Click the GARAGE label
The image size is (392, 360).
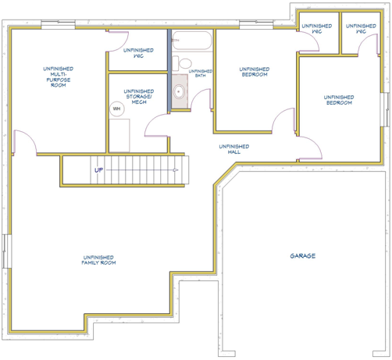(303, 256)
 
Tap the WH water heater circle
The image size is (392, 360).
(117, 109)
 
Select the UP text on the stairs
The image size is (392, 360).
(98, 170)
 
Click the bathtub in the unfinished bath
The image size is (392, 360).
(192, 41)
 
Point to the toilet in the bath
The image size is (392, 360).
(182, 63)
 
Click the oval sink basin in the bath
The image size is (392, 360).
(179, 91)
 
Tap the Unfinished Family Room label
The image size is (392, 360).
(98, 260)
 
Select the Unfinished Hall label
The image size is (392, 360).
(234, 149)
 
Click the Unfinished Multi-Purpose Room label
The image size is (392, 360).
(59, 77)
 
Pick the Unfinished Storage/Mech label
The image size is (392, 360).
(139, 97)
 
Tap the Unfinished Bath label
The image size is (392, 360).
(201, 73)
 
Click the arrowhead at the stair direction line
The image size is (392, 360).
(176, 170)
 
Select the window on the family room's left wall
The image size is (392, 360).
(7, 251)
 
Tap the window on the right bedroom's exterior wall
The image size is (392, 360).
(385, 109)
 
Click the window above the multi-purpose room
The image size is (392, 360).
(58, 25)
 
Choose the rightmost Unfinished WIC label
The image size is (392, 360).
(361, 29)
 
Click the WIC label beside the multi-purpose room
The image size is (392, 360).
(138, 53)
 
